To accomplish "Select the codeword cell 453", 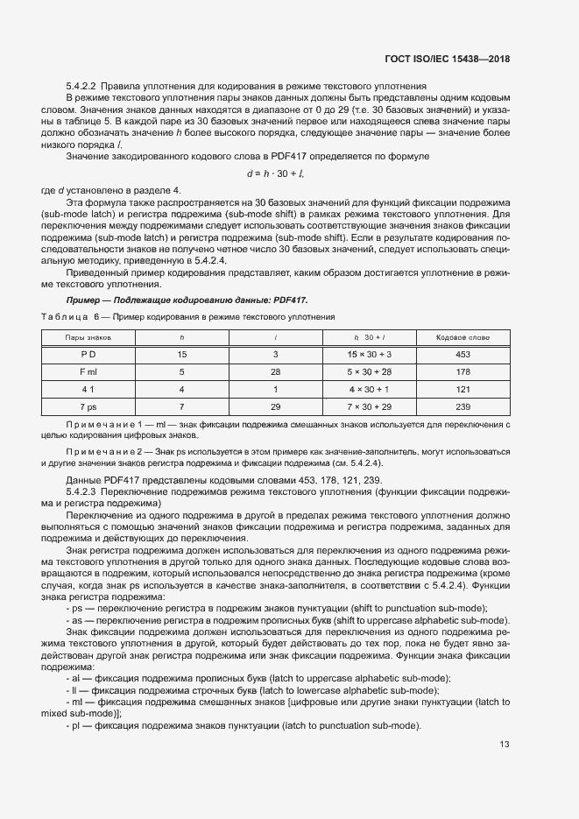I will [463, 355].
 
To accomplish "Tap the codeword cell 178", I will [463, 372].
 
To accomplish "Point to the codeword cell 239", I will [463, 407].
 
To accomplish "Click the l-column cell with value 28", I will [275, 372].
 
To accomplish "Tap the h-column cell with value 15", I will [182, 355].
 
